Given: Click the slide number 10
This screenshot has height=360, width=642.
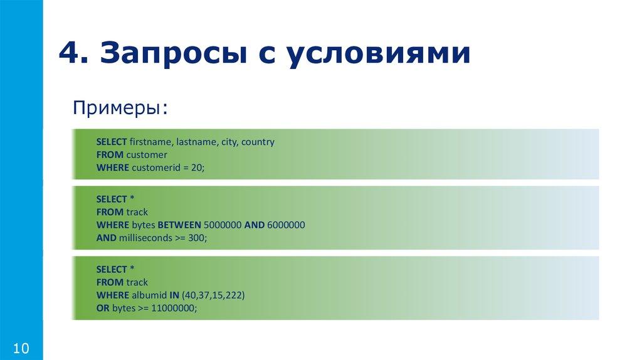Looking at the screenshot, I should (x=21, y=348).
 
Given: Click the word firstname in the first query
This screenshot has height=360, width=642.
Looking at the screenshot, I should (x=151, y=142).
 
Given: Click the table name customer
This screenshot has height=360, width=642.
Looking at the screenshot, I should (x=146, y=154).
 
